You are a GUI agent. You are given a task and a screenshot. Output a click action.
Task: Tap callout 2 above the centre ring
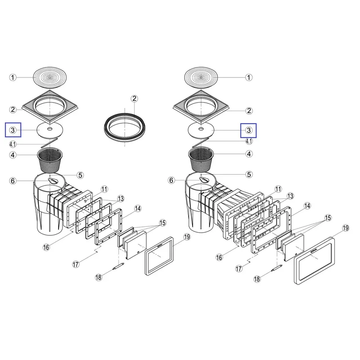click(134, 99)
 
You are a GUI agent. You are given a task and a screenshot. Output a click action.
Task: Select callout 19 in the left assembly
click(187, 237)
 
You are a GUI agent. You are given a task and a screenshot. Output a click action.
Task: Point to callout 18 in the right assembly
click(257, 279)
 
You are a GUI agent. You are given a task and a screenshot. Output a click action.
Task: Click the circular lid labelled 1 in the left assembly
click(50, 77)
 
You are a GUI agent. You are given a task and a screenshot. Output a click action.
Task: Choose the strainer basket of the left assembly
click(50, 160)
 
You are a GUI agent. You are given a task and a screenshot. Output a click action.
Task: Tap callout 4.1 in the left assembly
click(13, 144)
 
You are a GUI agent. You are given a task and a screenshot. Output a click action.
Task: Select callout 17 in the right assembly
click(239, 269)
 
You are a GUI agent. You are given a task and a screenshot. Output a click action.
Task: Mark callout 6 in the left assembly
click(13, 181)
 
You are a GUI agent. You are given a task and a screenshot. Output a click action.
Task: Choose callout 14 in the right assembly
click(307, 206)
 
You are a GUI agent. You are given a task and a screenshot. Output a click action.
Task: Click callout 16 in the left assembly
click(46, 247)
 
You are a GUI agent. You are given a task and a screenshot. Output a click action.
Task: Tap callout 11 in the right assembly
click(278, 189)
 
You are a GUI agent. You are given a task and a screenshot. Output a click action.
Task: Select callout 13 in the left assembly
click(121, 199)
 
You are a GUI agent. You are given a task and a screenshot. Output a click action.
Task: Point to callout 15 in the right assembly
click(328, 218)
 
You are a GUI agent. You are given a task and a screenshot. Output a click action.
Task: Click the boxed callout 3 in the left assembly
click(13, 130)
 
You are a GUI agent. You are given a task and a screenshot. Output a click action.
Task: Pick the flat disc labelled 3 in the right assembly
click(201, 130)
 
